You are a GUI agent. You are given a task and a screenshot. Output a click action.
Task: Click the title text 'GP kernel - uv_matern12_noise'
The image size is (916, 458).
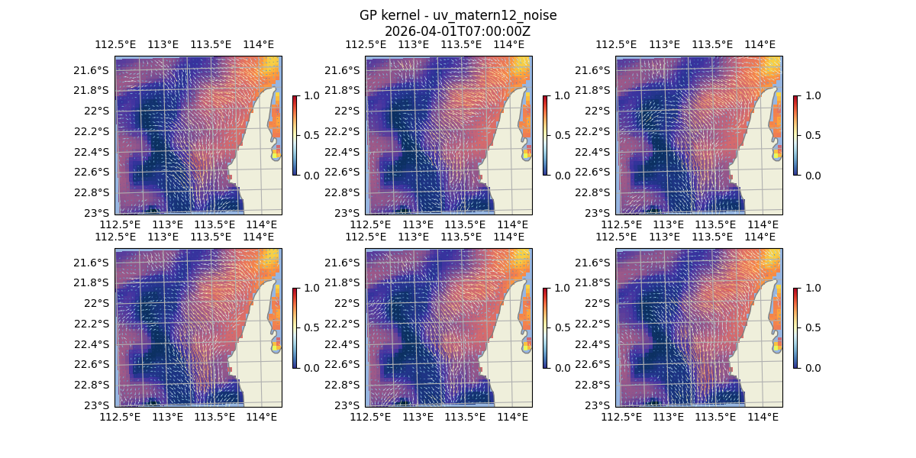pyautogui.click(x=457, y=15)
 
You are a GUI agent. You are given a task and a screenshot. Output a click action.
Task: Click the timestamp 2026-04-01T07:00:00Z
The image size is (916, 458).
pyautogui.click(x=457, y=31)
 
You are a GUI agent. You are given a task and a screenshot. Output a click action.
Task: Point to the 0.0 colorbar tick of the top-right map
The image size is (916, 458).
pyautogui.click(x=811, y=175)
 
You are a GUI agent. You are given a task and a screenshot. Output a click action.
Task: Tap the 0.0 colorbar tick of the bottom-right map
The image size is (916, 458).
pyautogui.click(x=811, y=367)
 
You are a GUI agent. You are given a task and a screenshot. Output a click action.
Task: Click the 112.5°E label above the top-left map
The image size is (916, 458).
pyautogui.click(x=114, y=44)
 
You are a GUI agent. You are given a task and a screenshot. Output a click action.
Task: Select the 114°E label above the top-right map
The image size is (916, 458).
pyautogui.click(x=760, y=44)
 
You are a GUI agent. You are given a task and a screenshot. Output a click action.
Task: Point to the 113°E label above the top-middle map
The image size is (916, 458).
pyautogui.click(x=413, y=44)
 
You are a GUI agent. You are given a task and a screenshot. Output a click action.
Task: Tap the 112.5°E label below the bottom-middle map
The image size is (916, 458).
pyautogui.click(x=371, y=417)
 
